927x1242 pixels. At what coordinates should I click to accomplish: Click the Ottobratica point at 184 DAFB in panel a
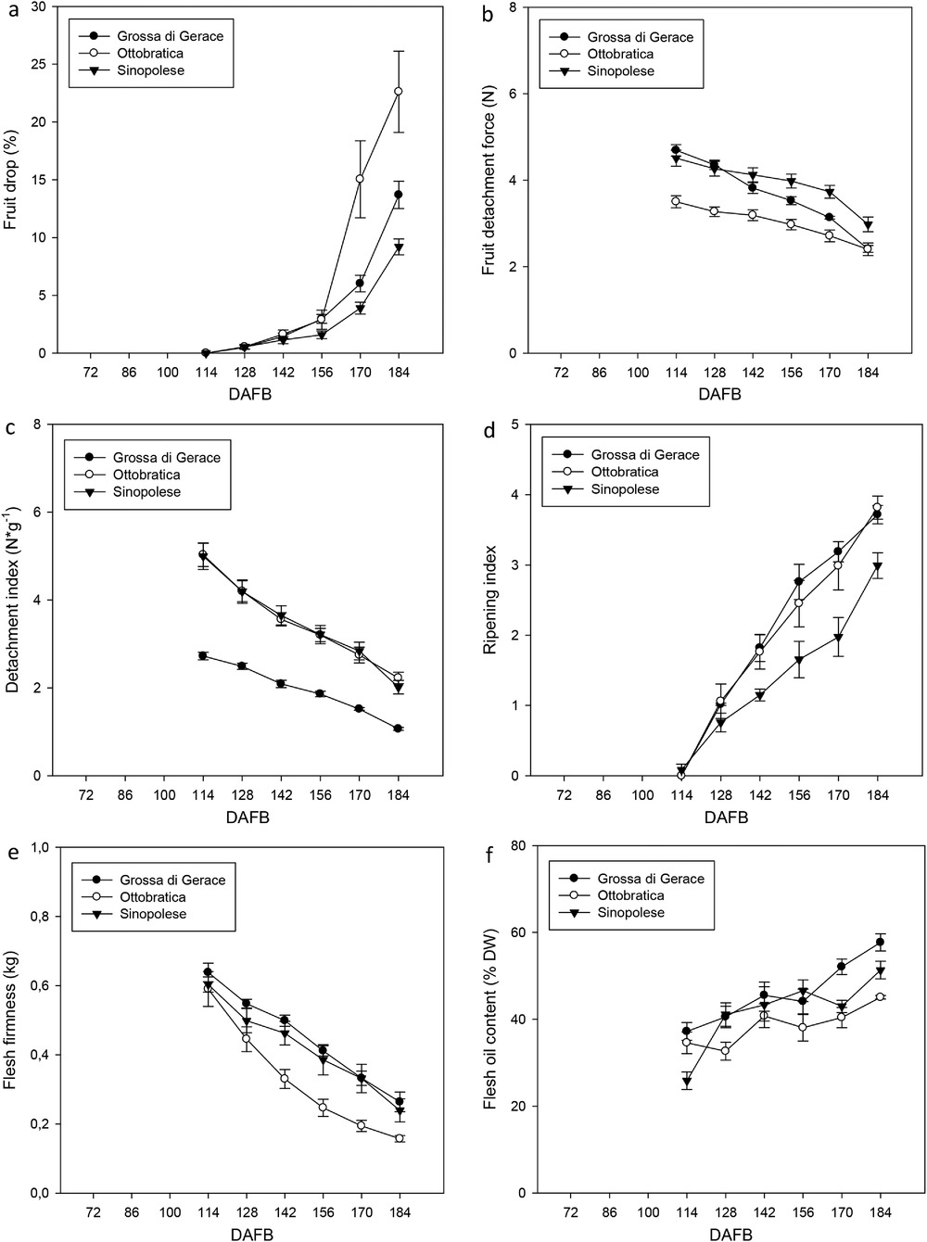(x=399, y=91)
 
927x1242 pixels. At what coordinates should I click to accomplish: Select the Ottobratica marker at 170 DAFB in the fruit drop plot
(x=360, y=179)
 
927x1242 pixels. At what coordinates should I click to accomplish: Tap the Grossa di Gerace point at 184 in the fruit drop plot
(x=399, y=194)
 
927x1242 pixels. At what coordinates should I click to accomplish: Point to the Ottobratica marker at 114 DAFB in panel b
(x=675, y=201)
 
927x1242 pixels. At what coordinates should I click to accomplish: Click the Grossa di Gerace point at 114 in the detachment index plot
(x=203, y=656)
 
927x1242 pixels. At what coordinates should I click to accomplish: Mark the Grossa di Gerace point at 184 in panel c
(x=398, y=729)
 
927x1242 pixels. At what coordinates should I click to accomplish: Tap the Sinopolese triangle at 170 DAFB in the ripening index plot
(x=839, y=638)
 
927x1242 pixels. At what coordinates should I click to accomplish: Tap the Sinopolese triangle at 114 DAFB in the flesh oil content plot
(x=687, y=1082)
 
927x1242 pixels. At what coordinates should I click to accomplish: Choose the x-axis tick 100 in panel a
(x=168, y=373)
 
